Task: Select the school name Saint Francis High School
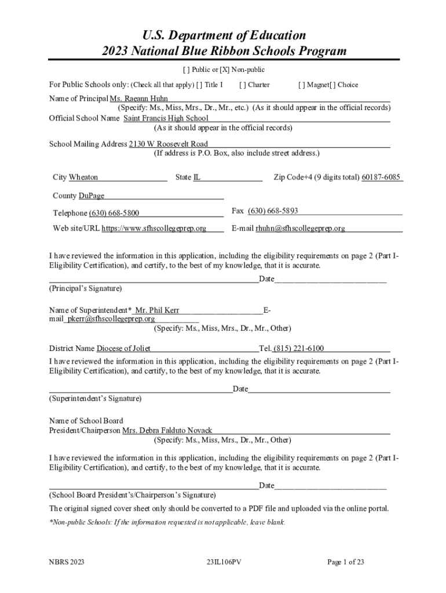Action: (x=166, y=118)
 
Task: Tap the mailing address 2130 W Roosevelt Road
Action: (x=168, y=144)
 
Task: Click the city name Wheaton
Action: (x=83, y=177)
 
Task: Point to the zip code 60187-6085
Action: (x=381, y=177)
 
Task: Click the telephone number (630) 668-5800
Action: (x=114, y=213)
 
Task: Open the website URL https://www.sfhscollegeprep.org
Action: (x=154, y=228)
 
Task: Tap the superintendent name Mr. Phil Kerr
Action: (x=157, y=310)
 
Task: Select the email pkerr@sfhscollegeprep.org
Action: (x=111, y=319)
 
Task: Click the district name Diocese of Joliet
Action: (x=123, y=349)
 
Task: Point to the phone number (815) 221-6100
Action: (x=299, y=349)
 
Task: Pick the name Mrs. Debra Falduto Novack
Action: (x=167, y=430)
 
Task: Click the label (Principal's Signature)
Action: (x=85, y=288)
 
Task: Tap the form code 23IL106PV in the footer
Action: (x=223, y=562)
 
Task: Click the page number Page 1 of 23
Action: (x=346, y=562)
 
